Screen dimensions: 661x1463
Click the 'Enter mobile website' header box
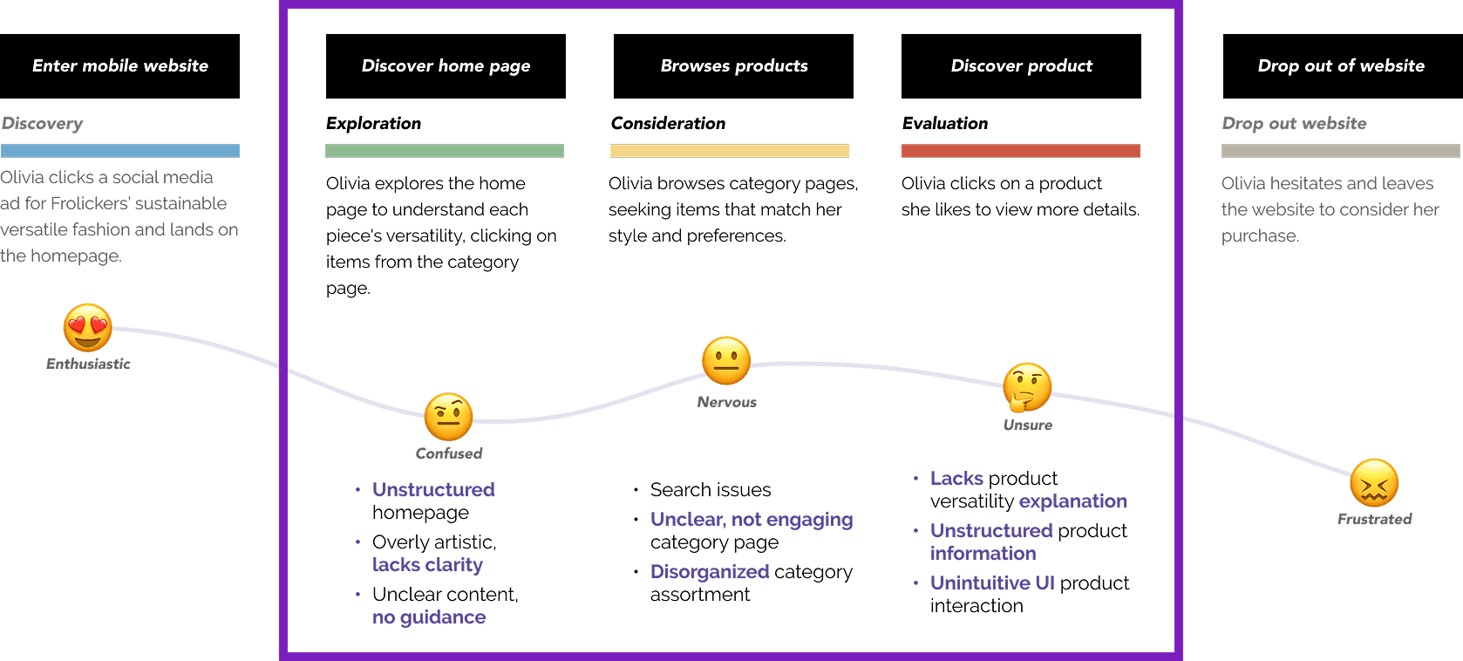point(120,66)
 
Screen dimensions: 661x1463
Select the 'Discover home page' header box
point(446,66)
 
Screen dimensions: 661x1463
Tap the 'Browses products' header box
point(733,66)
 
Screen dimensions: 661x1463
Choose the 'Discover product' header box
point(1021,66)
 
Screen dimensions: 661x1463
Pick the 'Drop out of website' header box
point(1341,66)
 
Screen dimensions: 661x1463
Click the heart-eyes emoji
point(88,328)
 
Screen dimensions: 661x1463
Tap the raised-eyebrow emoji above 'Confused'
point(449,417)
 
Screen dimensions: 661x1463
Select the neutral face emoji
point(726,361)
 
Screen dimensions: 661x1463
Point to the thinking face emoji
point(1027,387)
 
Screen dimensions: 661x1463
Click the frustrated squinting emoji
point(1374,483)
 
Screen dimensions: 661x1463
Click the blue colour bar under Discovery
point(120,151)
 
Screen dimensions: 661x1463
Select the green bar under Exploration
point(445,151)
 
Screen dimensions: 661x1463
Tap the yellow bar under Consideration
point(730,151)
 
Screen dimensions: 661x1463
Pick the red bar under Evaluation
point(1020,151)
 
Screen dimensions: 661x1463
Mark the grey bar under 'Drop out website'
point(1340,151)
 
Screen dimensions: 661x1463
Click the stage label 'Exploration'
point(373,124)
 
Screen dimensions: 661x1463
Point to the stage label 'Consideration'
point(668,124)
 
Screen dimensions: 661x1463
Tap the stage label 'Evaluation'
point(945,124)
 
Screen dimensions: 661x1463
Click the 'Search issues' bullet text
point(711,490)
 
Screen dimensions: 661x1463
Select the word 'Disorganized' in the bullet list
point(710,572)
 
